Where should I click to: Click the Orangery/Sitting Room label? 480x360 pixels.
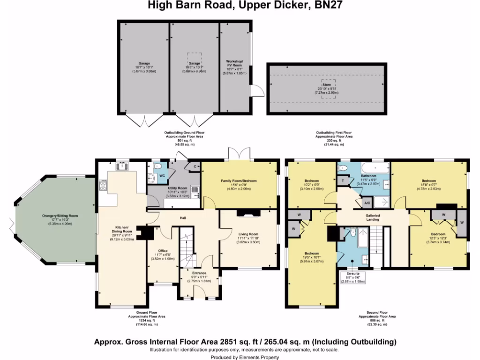60,216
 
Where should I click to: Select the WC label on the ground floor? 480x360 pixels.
162,176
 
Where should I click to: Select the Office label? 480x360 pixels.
163,251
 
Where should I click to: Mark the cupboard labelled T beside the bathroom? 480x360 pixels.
343,180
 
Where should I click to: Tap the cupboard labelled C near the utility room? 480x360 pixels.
194,166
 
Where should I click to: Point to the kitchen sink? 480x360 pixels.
123,165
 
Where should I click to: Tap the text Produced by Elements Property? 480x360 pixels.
240,357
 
